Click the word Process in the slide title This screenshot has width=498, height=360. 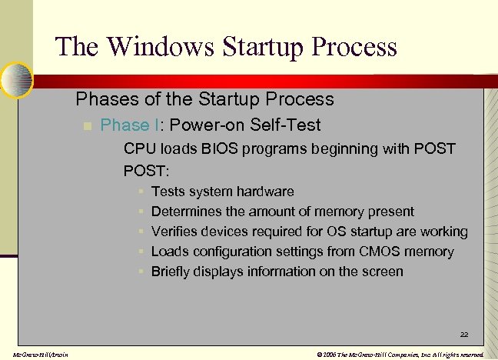pyautogui.click(x=351, y=47)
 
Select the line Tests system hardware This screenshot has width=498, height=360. pyautogui.click(x=222, y=192)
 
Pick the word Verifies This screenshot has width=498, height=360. pyautogui.click(x=174, y=232)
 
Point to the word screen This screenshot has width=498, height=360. pyautogui.click(x=383, y=272)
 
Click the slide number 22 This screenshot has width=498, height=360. pyautogui.click(x=464, y=335)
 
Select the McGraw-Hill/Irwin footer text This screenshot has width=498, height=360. pyautogui.click(x=35, y=354)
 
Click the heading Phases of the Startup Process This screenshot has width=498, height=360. pyautogui.click(x=204, y=99)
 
